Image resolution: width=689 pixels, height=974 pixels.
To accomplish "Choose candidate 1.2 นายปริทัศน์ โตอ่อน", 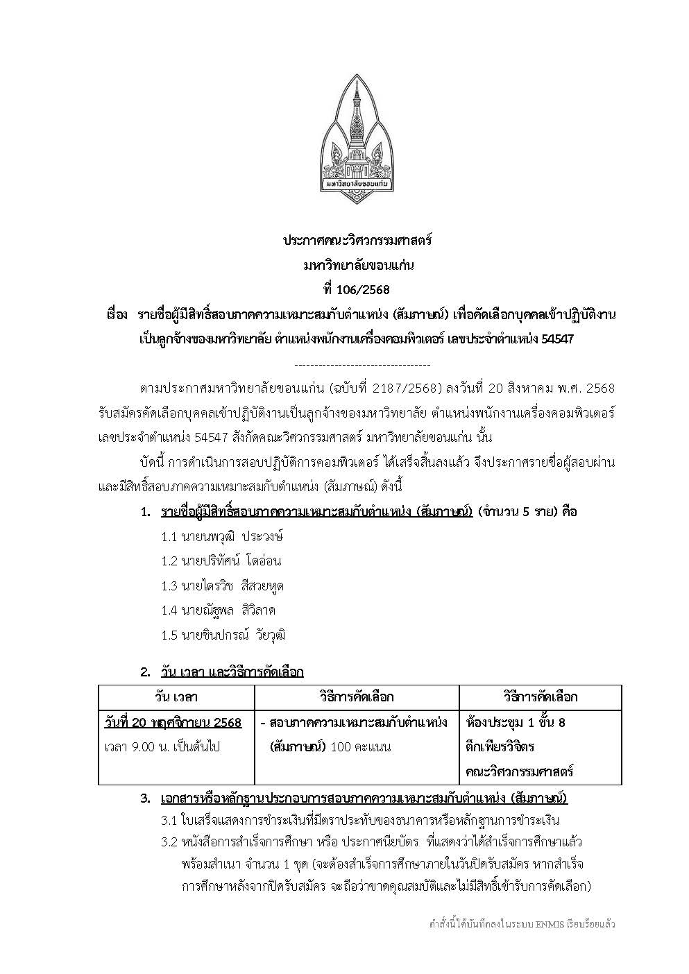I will coord(221,561).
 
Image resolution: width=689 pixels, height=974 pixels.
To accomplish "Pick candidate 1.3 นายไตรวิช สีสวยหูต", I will coord(222,586).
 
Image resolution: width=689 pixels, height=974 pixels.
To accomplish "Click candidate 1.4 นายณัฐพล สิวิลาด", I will coord(218,610).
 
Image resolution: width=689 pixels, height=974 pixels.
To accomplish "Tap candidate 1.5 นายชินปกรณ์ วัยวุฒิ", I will coord(223,635).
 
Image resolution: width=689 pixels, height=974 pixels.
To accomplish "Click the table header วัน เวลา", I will coord(176,697).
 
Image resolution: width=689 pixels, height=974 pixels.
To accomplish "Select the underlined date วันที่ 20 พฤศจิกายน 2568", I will coord(173,722).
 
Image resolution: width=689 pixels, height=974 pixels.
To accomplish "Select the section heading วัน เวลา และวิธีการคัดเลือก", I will coord(232,672).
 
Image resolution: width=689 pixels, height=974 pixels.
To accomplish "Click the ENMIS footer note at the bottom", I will coord(522,924).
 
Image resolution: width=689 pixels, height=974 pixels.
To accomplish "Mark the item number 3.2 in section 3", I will coord(169,841).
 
